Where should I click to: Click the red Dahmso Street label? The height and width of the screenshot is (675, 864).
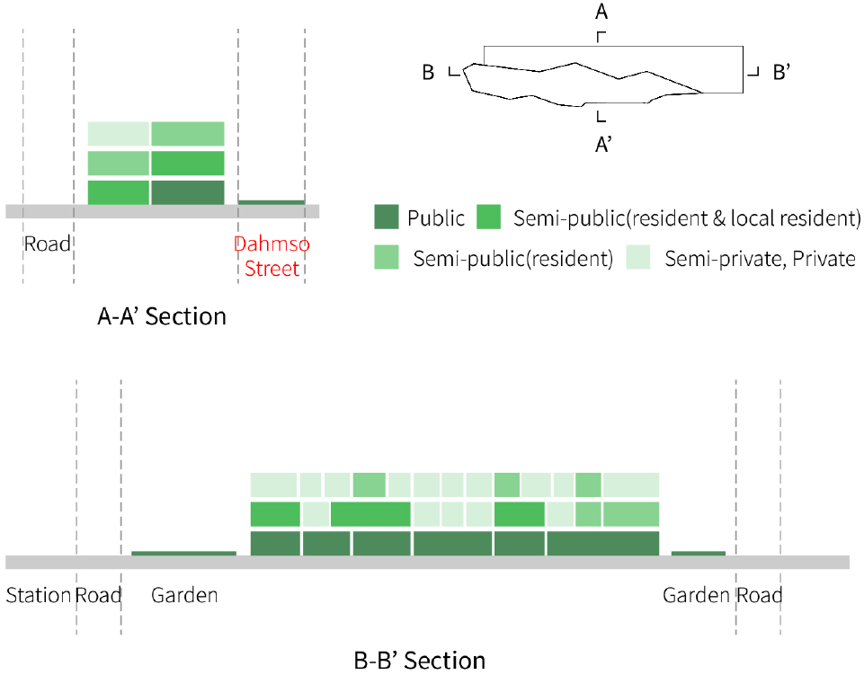272,256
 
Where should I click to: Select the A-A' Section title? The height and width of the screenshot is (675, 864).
162,316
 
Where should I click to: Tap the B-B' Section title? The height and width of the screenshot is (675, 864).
420,661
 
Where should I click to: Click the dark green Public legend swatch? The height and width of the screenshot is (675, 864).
387,218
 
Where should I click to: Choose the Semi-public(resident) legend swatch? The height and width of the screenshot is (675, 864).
387,258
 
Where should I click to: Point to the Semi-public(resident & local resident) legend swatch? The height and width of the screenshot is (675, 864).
488,218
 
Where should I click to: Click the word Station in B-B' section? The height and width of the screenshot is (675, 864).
38,595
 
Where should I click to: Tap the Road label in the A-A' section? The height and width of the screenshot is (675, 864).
48,244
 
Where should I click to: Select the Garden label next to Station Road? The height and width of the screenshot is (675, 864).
184,595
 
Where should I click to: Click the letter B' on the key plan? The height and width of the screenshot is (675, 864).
781,73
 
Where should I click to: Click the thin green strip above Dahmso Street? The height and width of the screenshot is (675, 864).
272,202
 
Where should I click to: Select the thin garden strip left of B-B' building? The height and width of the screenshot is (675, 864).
183,553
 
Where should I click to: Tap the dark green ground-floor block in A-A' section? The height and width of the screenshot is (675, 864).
187,193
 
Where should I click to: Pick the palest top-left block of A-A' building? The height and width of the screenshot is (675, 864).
118,133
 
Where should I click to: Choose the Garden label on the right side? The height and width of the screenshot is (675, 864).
696,595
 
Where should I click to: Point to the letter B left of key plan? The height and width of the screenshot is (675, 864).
429,73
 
